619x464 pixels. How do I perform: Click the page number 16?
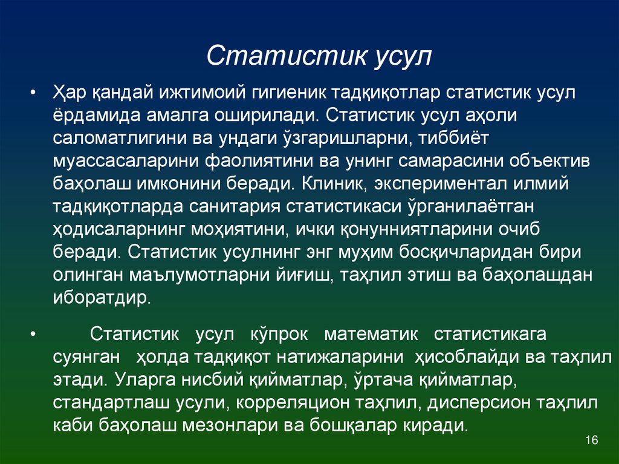(592, 440)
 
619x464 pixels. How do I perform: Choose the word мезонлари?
(228, 425)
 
